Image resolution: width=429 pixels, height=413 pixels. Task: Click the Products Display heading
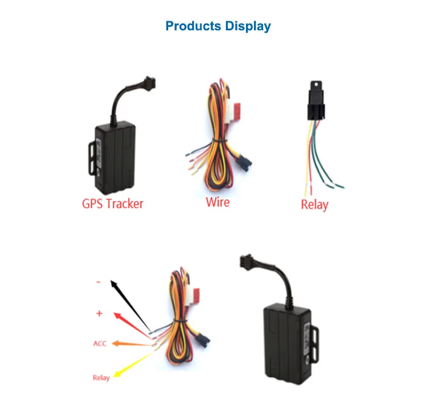click(x=218, y=26)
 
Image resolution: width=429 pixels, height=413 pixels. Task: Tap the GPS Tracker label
click(x=113, y=202)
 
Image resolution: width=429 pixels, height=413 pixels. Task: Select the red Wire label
click(x=217, y=202)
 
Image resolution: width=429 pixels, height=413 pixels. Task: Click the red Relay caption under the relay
click(x=315, y=204)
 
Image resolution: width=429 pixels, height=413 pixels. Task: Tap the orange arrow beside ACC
click(x=131, y=344)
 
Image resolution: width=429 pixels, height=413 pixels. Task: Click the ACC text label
click(x=100, y=344)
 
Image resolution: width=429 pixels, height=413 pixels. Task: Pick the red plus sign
click(x=99, y=313)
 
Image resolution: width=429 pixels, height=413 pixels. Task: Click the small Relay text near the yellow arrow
click(x=101, y=378)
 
